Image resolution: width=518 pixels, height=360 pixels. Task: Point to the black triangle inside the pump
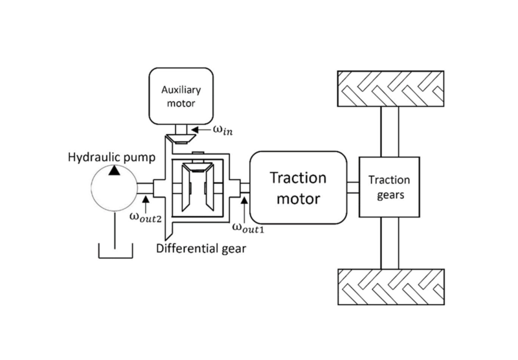(114, 170)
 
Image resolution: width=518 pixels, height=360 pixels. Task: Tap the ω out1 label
(250, 227)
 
